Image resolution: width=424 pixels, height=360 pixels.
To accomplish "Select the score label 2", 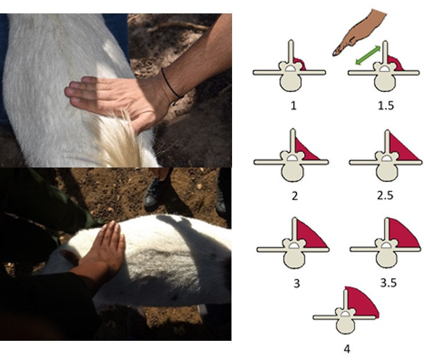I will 294,195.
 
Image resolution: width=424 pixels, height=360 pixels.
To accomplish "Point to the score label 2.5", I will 384,195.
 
